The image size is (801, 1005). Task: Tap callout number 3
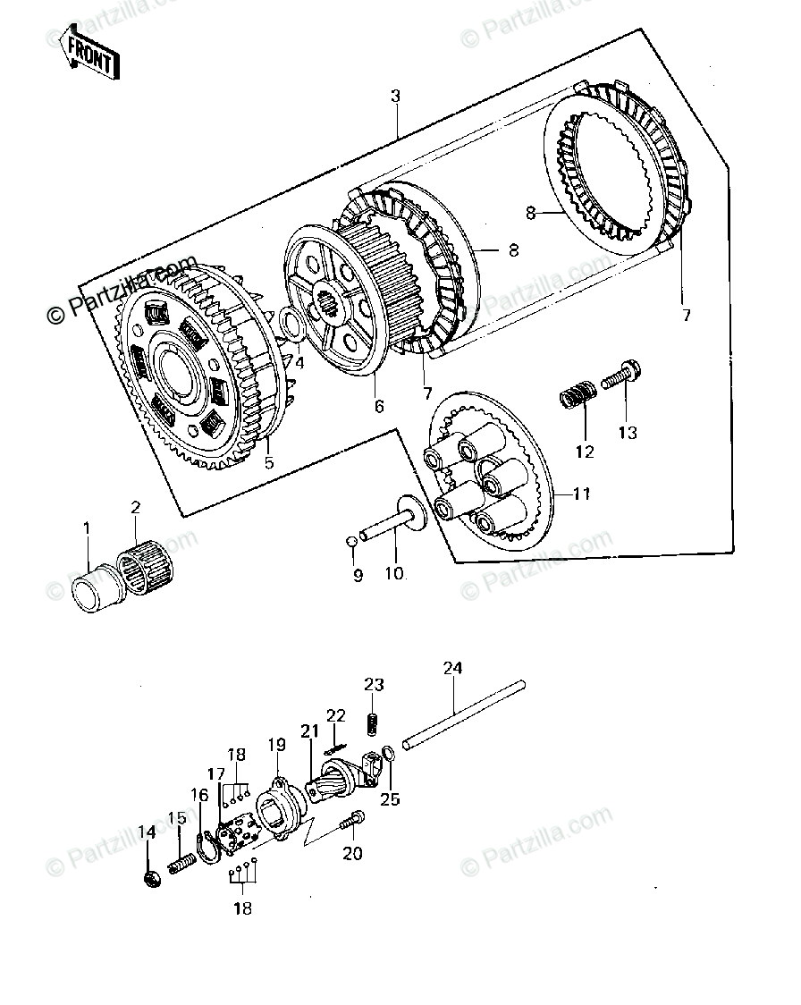[396, 97]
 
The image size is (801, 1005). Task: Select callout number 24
[453, 669]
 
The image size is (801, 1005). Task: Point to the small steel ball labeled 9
[352, 540]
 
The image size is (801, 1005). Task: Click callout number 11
[583, 493]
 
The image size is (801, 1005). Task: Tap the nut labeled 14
[151, 879]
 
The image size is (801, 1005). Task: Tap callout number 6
[379, 406]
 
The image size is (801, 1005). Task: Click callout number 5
[268, 463]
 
